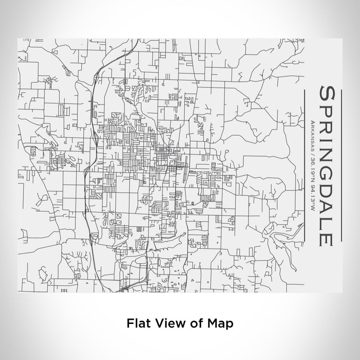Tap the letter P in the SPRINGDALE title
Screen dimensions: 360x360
click(328, 110)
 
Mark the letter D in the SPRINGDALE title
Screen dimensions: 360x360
click(328, 190)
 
